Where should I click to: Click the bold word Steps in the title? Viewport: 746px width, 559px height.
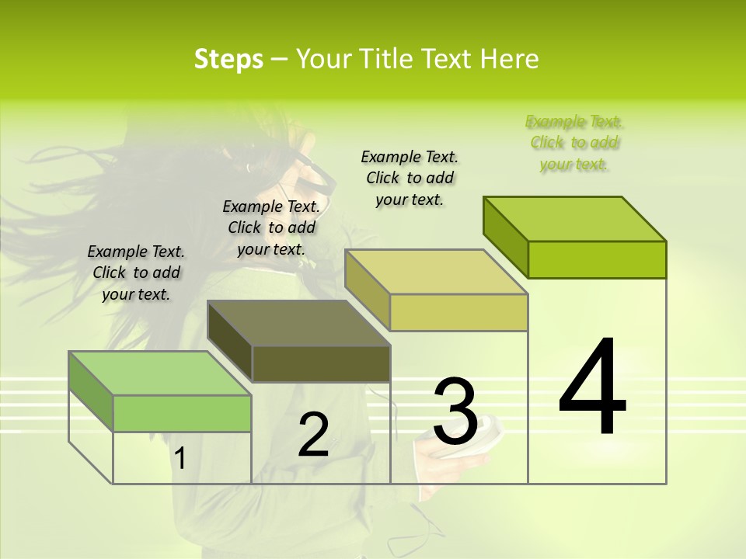228,59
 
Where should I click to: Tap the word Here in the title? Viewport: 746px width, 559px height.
509,59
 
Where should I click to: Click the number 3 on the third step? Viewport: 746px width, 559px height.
455,411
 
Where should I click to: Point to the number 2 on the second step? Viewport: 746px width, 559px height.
314,435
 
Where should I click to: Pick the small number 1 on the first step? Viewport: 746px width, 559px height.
180,459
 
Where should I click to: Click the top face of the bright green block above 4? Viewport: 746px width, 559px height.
575,219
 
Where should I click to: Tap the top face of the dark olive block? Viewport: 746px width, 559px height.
298,323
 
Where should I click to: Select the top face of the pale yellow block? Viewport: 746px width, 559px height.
437,272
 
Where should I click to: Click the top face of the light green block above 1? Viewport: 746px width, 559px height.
160,373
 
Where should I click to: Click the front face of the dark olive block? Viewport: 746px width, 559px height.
321,363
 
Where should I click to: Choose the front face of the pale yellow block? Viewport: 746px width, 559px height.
458,312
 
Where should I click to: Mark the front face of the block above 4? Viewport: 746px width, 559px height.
597,259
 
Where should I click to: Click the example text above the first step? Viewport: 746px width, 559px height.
136,273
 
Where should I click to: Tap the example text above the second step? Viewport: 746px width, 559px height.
271,227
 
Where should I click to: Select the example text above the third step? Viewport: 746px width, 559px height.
410,178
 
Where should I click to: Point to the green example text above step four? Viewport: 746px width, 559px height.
574,142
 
